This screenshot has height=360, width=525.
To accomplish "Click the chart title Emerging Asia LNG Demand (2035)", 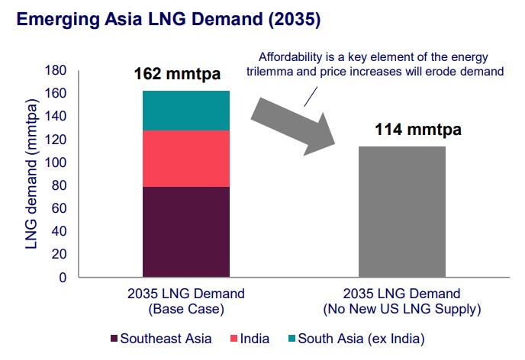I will tap(169, 19).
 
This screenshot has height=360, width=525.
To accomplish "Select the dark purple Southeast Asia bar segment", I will tap(186, 232).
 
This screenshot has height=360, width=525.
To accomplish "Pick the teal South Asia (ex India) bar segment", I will tap(186, 111).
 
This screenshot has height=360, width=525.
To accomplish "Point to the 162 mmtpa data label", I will tap(178, 75).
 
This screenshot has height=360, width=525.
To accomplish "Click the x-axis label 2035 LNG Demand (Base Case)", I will tap(186, 302).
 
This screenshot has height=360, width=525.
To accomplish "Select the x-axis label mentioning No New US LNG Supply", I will tap(401, 302).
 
